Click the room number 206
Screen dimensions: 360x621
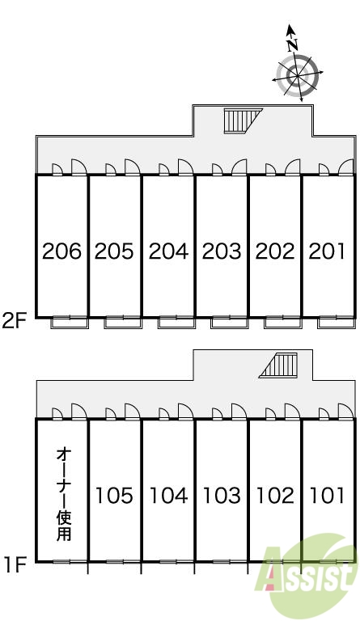(61, 251)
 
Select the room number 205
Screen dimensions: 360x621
(114, 251)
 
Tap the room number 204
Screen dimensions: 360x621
(168, 251)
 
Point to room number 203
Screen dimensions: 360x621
(222, 251)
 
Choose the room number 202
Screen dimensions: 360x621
(275, 251)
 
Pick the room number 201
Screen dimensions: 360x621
(327, 251)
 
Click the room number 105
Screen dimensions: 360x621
(114, 496)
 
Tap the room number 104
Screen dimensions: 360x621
(168, 496)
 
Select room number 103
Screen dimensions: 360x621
(222, 496)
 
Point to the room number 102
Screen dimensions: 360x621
(275, 496)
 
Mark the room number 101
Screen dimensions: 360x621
(327, 496)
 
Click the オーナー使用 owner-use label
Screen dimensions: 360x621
(63, 494)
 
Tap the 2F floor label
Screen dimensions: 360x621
(14, 320)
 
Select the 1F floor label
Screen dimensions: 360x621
(15, 564)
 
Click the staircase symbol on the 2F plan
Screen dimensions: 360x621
(243, 120)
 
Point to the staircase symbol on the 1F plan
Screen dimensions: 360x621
(278, 365)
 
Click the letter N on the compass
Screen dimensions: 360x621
(292, 44)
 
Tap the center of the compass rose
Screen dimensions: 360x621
(297, 75)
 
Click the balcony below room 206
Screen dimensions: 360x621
(70, 322)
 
